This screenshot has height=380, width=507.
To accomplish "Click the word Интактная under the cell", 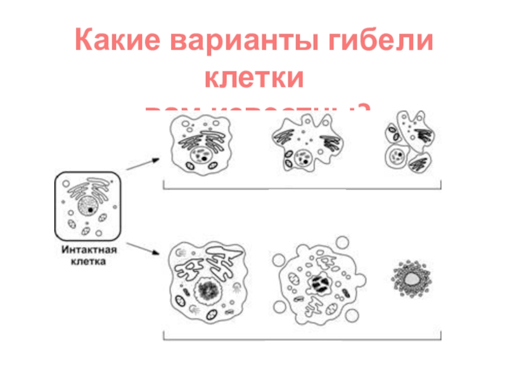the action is click(x=88, y=250).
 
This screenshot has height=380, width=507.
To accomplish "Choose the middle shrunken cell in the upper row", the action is click(x=302, y=148).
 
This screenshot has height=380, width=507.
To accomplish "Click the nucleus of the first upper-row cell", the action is click(x=202, y=155).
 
